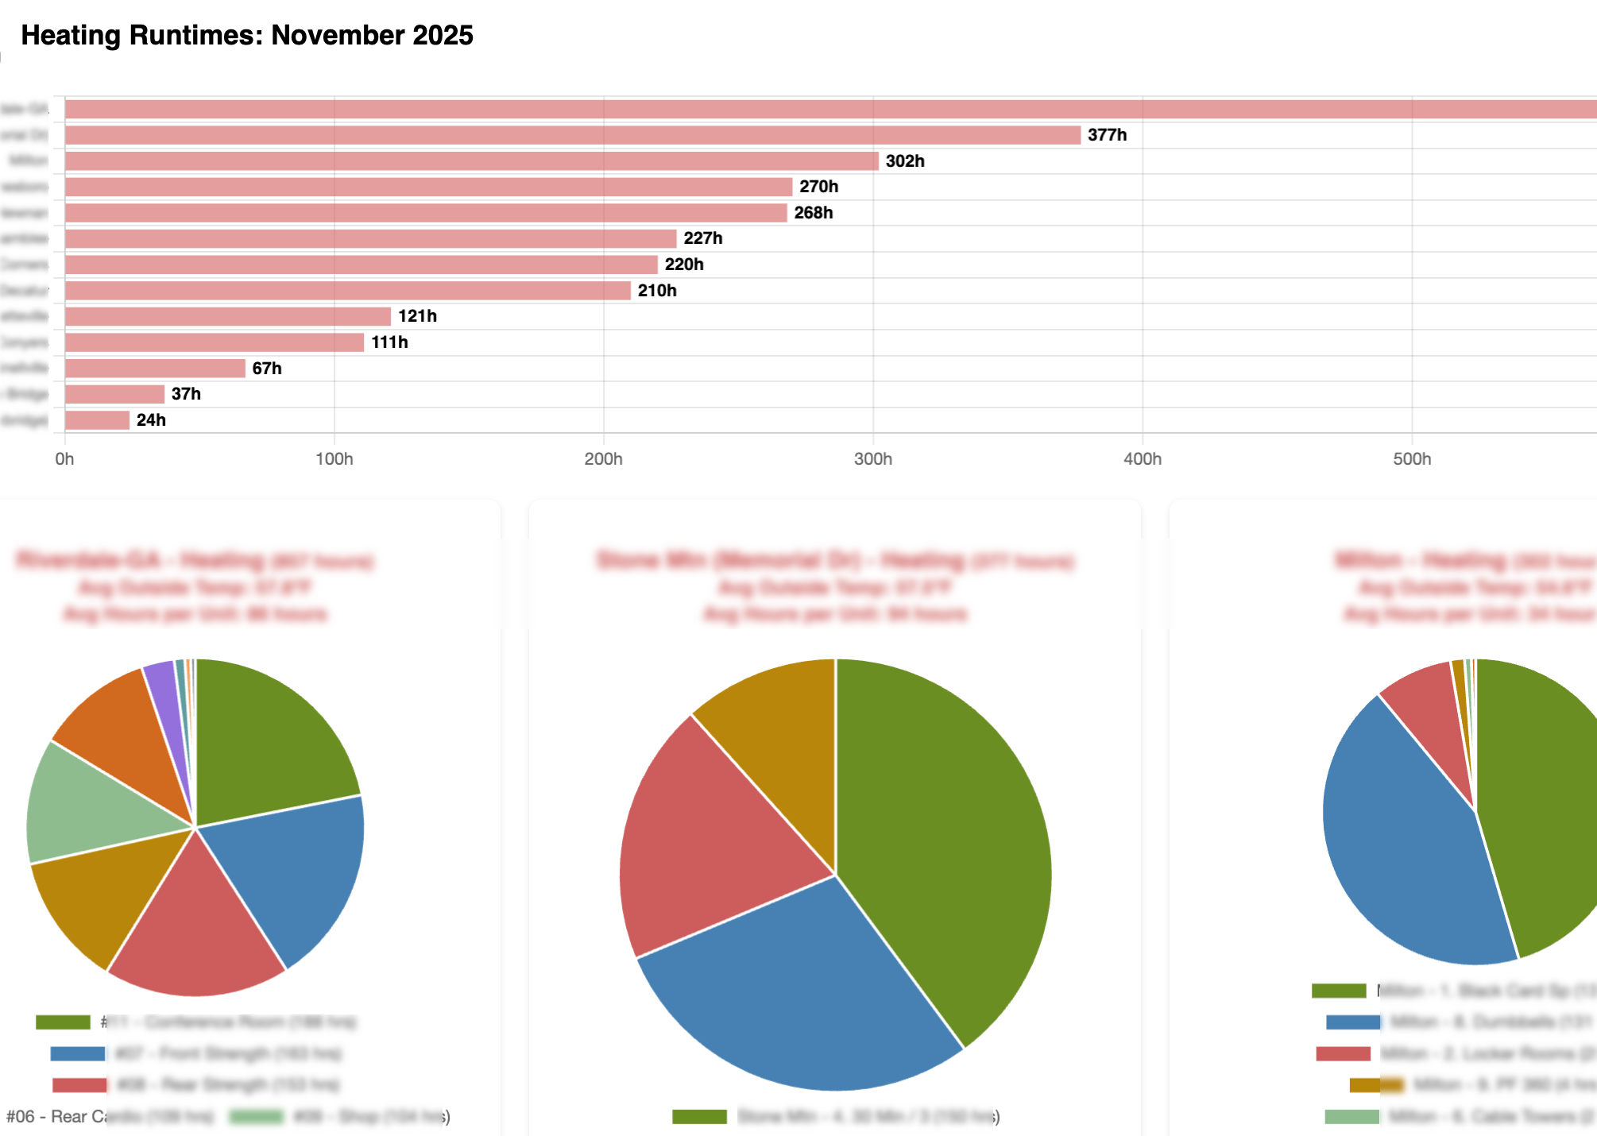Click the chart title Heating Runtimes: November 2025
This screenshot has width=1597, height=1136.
click(247, 36)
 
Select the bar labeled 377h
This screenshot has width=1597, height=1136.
click(572, 135)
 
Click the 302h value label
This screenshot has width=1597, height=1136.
click(905, 161)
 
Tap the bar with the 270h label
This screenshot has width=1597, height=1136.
click(429, 187)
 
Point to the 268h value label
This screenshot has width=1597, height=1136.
click(814, 213)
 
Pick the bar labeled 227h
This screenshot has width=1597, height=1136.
click(370, 238)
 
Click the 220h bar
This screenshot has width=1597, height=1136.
click(362, 265)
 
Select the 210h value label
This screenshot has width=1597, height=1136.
click(657, 291)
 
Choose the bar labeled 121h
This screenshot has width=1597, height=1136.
click(228, 316)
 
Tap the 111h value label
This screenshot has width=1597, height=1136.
click(389, 342)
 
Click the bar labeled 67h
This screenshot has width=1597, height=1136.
click(155, 369)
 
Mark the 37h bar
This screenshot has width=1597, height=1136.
click(115, 394)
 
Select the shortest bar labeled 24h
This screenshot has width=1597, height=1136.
click(97, 420)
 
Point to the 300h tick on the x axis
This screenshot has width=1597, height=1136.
click(872, 459)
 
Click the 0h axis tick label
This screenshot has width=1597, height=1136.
click(64, 459)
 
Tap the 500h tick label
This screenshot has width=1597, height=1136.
click(1411, 459)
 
